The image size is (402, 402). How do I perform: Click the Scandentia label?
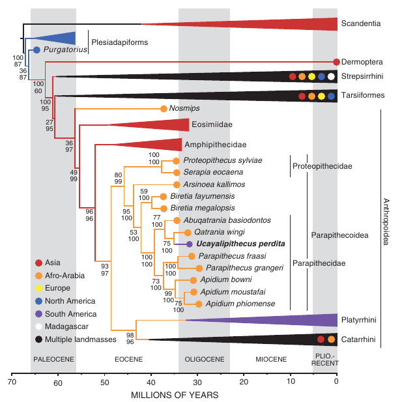[364, 24]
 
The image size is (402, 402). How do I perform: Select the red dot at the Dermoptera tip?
[336, 62]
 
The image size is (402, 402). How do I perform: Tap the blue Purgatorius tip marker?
[36, 50]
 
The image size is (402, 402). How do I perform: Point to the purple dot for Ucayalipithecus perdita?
[189, 244]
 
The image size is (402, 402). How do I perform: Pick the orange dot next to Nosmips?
[163, 109]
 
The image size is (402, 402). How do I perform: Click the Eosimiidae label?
[213, 124]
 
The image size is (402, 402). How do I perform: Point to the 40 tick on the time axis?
[151, 377]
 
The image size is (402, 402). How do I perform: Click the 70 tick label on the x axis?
[12, 383]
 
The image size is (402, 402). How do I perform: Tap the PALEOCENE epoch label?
[53, 359]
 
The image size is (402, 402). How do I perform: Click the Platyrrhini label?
[360, 319]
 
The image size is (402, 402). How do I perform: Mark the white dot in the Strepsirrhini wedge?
[331, 77]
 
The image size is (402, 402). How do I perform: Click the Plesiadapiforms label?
[120, 42]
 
